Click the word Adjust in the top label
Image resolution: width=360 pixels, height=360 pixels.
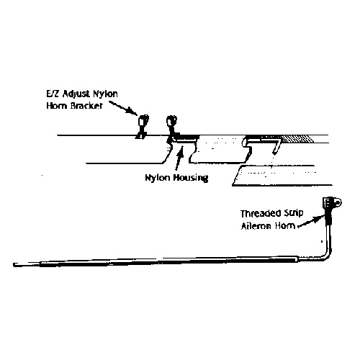coord(76,94)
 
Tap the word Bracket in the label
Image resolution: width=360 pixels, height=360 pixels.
coord(86,106)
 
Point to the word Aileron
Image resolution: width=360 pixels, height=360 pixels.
coord(256,226)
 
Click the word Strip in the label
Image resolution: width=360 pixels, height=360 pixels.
coord(294,213)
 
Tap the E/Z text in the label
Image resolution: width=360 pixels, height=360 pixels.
coord(53,94)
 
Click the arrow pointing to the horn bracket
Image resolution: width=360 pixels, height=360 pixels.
coord(123,108)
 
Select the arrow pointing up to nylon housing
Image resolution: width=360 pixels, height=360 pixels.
coord(179,158)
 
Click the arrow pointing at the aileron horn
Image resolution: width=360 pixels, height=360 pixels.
coord(311,221)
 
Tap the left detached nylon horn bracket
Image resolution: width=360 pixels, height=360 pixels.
coord(142,127)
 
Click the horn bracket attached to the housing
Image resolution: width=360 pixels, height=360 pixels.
coord(172,128)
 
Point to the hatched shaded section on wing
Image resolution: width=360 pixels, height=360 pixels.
coord(297,139)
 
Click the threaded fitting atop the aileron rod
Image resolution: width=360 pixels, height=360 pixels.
coord(332,203)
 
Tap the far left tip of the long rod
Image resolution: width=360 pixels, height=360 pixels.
coord(14,265)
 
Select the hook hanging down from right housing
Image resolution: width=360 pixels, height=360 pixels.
coord(276,147)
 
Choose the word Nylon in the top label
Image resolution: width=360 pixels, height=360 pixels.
coord(105,94)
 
